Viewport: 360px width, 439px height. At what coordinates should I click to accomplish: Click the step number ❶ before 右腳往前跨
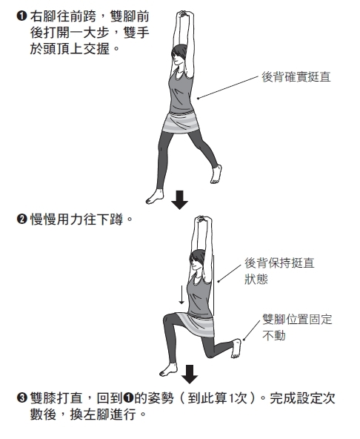(x=21, y=16)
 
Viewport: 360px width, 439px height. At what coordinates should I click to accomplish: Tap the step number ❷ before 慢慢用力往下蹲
(x=21, y=219)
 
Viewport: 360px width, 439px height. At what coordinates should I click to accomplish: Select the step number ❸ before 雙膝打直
(x=21, y=397)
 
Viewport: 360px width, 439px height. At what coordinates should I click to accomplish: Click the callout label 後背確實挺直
(x=296, y=77)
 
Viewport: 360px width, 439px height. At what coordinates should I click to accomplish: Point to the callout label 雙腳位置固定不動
(x=297, y=327)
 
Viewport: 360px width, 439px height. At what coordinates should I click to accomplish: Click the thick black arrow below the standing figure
(x=179, y=200)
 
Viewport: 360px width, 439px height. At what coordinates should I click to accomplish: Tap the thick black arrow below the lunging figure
(x=190, y=374)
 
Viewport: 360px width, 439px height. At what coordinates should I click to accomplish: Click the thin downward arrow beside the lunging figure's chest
(x=181, y=294)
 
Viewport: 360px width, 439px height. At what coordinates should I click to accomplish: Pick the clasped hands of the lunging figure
(x=201, y=219)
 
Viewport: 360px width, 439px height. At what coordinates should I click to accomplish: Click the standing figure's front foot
(x=154, y=197)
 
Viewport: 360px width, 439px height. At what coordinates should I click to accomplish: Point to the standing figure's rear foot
(x=216, y=174)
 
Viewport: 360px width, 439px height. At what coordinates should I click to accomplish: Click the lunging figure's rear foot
(x=236, y=349)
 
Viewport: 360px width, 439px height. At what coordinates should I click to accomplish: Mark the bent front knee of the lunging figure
(x=168, y=320)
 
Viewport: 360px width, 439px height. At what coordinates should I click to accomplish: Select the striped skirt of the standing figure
(x=181, y=122)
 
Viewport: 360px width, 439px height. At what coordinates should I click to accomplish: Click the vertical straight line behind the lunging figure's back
(x=214, y=285)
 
